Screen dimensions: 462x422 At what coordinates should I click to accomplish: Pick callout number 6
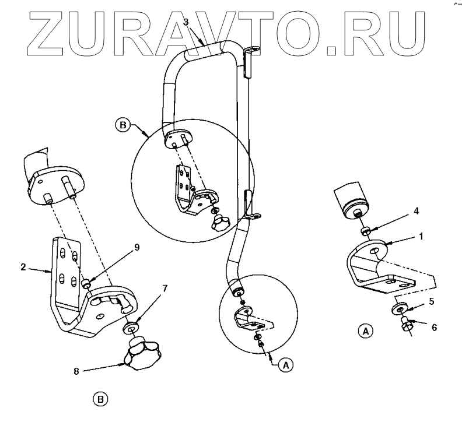(433, 328)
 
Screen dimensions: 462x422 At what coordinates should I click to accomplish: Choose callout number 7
(164, 288)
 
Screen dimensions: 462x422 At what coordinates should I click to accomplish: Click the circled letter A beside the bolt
(365, 332)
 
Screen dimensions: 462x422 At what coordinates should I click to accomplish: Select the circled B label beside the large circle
(123, 124)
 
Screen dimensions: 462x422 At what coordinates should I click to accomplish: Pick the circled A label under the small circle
(285, 364)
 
